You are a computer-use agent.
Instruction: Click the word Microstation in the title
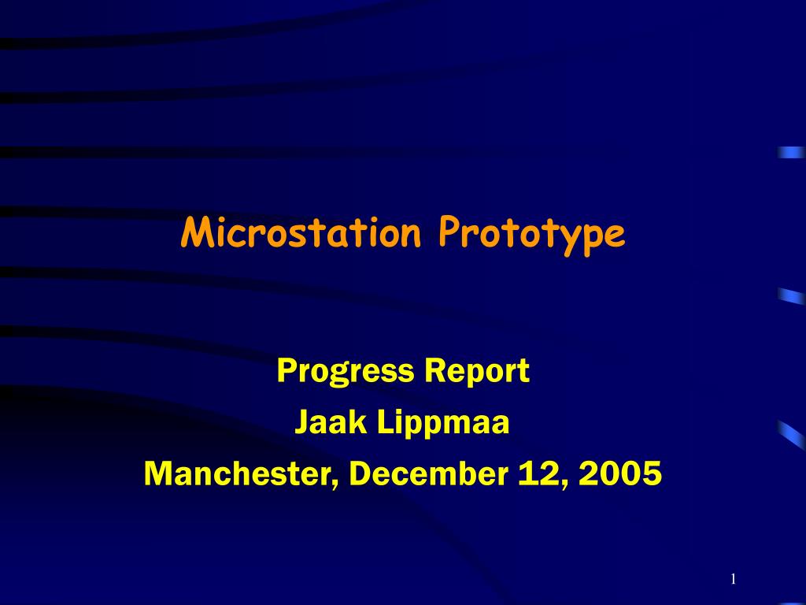[x=301, y=232]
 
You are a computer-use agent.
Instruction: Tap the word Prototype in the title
[x=532, y=236]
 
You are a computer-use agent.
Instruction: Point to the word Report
[x=477, y=372]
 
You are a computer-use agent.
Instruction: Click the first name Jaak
[x=331, y=422]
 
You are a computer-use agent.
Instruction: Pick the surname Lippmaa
[x=443, y=423]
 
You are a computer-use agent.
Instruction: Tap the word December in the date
[x=429, y=473]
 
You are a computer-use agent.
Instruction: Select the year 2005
[x=620, y=473]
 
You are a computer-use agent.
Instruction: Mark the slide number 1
[x=734, y=579]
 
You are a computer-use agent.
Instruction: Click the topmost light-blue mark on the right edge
[x=792, y=152]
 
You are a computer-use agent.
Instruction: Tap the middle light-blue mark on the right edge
[x=792, y=296]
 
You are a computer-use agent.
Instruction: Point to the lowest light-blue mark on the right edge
[x=792, y=435]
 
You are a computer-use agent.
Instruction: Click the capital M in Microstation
[x=196, y=232]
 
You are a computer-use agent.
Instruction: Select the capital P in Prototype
[x=449, y=232]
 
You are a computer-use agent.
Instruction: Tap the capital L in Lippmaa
[x=386, y=422]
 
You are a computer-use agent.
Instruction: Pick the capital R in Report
[x=434, y=370]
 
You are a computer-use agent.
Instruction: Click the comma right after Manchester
[x=335, y=484]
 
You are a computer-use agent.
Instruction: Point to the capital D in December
[x=360, y=473]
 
